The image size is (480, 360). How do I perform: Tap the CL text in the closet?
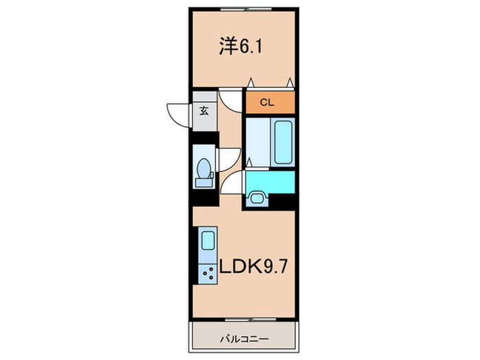[269, 103]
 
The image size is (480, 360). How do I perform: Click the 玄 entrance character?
[204, 110]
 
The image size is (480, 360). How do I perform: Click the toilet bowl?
[204, 167]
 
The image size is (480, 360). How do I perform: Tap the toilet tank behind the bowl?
[203, 181]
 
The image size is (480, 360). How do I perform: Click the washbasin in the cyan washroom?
[257, 198]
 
